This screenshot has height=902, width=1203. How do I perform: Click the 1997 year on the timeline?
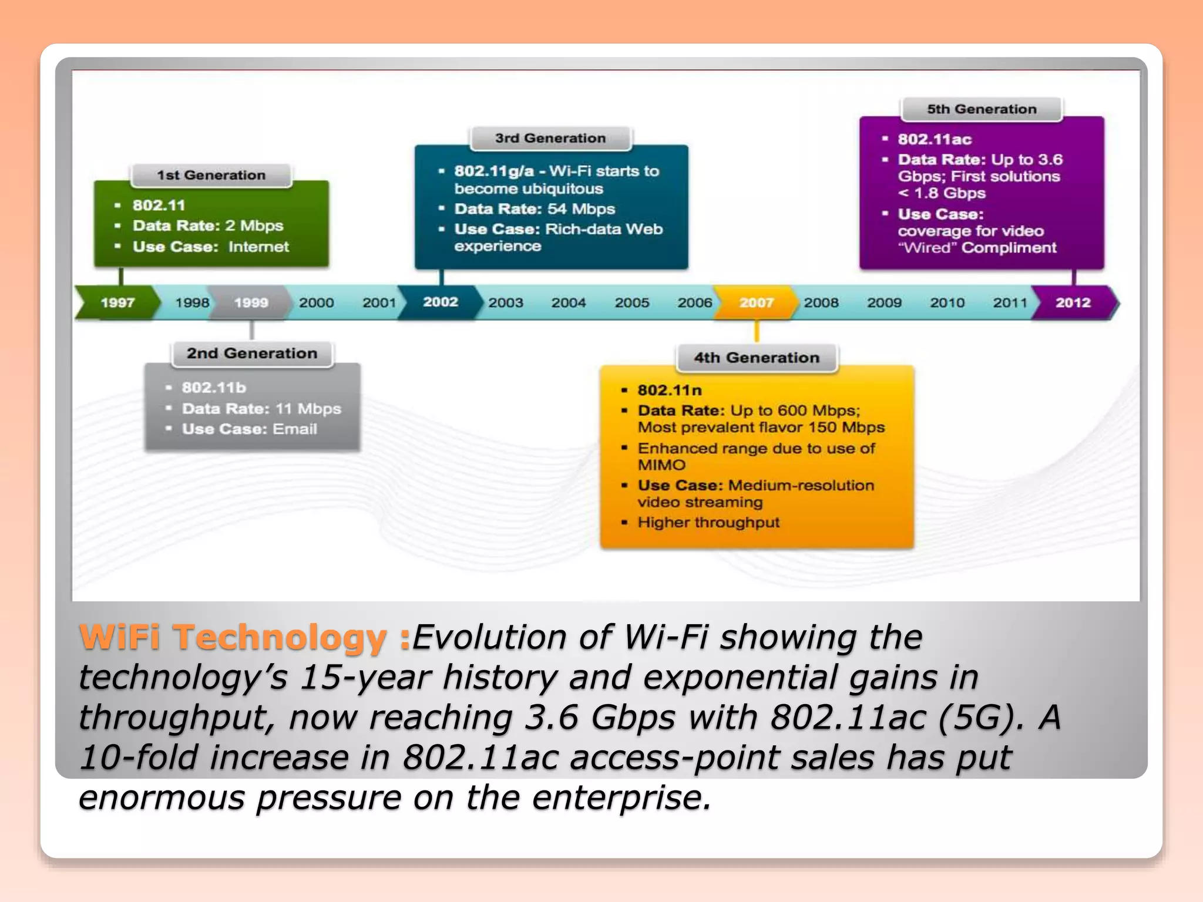point(117,302)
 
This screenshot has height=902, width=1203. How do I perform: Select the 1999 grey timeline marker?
point(251,302)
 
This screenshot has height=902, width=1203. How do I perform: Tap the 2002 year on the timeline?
point(440,302)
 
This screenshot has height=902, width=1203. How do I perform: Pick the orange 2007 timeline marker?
point(756,302)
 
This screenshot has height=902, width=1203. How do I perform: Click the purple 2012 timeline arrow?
point(1073,302)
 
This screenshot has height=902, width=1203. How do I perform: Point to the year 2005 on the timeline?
point(631,302)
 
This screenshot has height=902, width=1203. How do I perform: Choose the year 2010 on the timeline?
point(947,302)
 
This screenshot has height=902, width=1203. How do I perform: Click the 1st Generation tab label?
point(211,175)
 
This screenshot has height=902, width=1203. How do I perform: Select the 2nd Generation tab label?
point(252,353)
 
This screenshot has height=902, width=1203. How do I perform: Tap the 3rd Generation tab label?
point(550,138)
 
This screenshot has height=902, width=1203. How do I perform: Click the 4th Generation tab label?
point(756,358)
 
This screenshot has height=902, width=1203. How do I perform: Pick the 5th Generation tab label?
point(982,109)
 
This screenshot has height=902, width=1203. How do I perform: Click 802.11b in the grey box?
point(214,388)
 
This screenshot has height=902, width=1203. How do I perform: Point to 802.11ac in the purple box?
point(934,139)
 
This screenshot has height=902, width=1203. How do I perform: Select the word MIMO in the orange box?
point(661,465)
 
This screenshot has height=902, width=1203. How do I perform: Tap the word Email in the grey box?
point(295,429)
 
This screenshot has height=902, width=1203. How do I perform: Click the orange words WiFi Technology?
point(233,637)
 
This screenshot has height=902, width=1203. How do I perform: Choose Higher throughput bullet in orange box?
point(708,522)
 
